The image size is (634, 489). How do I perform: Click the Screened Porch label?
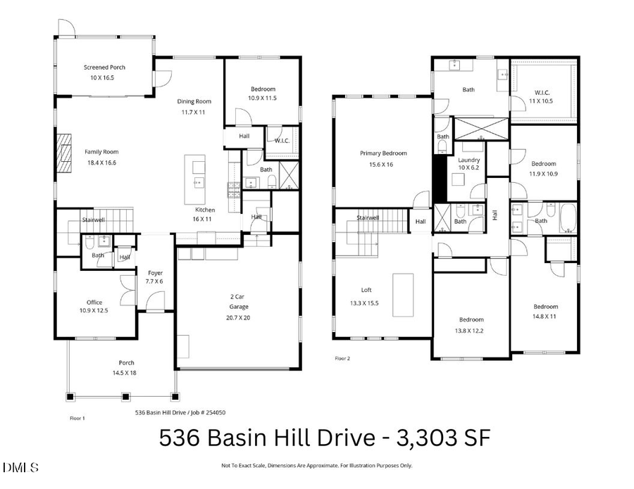tap(104, 68)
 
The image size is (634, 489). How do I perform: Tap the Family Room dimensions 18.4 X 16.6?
tap(101, 163)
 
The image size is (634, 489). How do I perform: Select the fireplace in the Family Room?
tap(63, 153)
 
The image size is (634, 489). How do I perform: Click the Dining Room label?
tap(194, 101)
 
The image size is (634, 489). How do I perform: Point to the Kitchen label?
tap(205, 210)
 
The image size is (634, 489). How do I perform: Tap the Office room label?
tap(94, 303)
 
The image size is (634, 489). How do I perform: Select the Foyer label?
tap(155, 273)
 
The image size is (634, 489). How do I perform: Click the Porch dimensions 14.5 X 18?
tap(122, 373)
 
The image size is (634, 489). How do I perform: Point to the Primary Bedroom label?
tap(383, 153)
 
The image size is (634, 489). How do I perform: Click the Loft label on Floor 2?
tap(366, 290)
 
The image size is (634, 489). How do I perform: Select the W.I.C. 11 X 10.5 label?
tap(542, 101)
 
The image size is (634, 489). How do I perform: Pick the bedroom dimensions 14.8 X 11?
tap(545, 317)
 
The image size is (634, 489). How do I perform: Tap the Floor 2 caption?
tap(342, 358)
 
